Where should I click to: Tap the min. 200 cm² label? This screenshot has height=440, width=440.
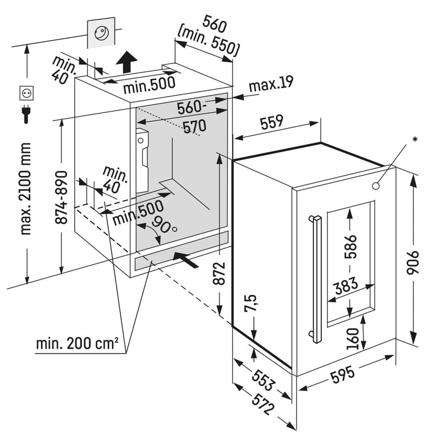(78, 344)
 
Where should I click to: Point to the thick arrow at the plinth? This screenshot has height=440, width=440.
(185, 260)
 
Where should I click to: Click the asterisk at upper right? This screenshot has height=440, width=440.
(416, 139)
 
